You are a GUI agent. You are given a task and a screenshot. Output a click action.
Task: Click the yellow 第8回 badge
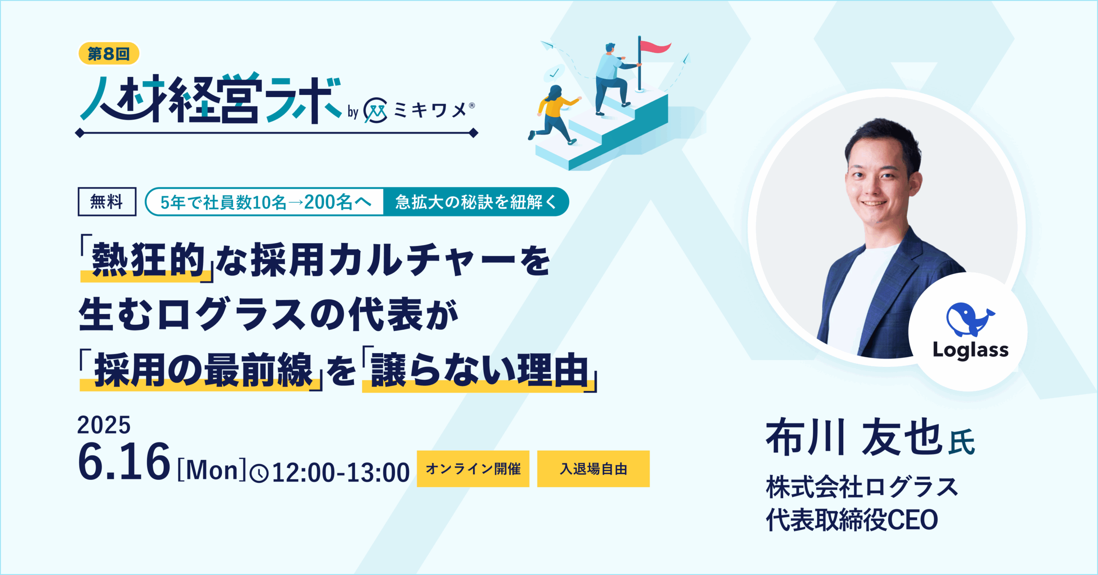point(109,54)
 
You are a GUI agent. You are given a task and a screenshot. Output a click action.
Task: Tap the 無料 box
point(107,202)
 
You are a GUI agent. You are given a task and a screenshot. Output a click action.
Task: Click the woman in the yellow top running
point(554,114)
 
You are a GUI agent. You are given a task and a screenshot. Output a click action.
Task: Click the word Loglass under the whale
point(971,350)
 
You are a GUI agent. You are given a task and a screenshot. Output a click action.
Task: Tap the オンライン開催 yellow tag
point(473,469)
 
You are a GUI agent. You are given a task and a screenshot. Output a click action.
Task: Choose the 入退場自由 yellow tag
point(593,469)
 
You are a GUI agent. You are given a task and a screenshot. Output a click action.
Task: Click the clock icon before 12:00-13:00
point(259,474)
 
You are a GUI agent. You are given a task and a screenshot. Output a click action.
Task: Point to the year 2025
point(104,425)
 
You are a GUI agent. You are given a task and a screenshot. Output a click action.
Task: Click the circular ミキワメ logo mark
point(375,111)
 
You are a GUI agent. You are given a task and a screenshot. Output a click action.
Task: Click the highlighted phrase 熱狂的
point(148,260)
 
